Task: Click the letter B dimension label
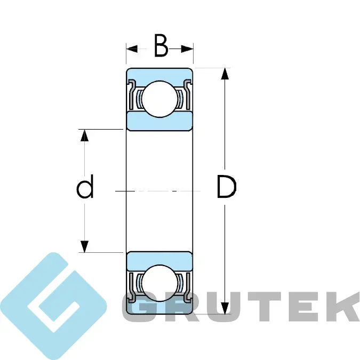tap(161, 45)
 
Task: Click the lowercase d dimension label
tap(85, 186)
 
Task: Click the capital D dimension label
tap(226, 187)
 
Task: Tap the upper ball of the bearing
tap(160, 99)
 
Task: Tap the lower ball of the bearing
tap(160, 283)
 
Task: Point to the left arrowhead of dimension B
tap(132, 49)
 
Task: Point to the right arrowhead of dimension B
tap(187, 49)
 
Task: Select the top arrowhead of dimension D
tap(225, 74)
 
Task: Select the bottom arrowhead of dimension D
tap(225, 308)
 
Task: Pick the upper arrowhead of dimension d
tap(85, 135)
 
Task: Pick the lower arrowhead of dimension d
tap(85, 246)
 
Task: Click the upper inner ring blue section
tap(159, 122)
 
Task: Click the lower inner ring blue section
tap(159, 261)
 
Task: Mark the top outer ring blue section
tap(159, 75)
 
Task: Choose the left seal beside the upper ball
tap(132, 94)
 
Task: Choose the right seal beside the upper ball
tap(188, 94)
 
